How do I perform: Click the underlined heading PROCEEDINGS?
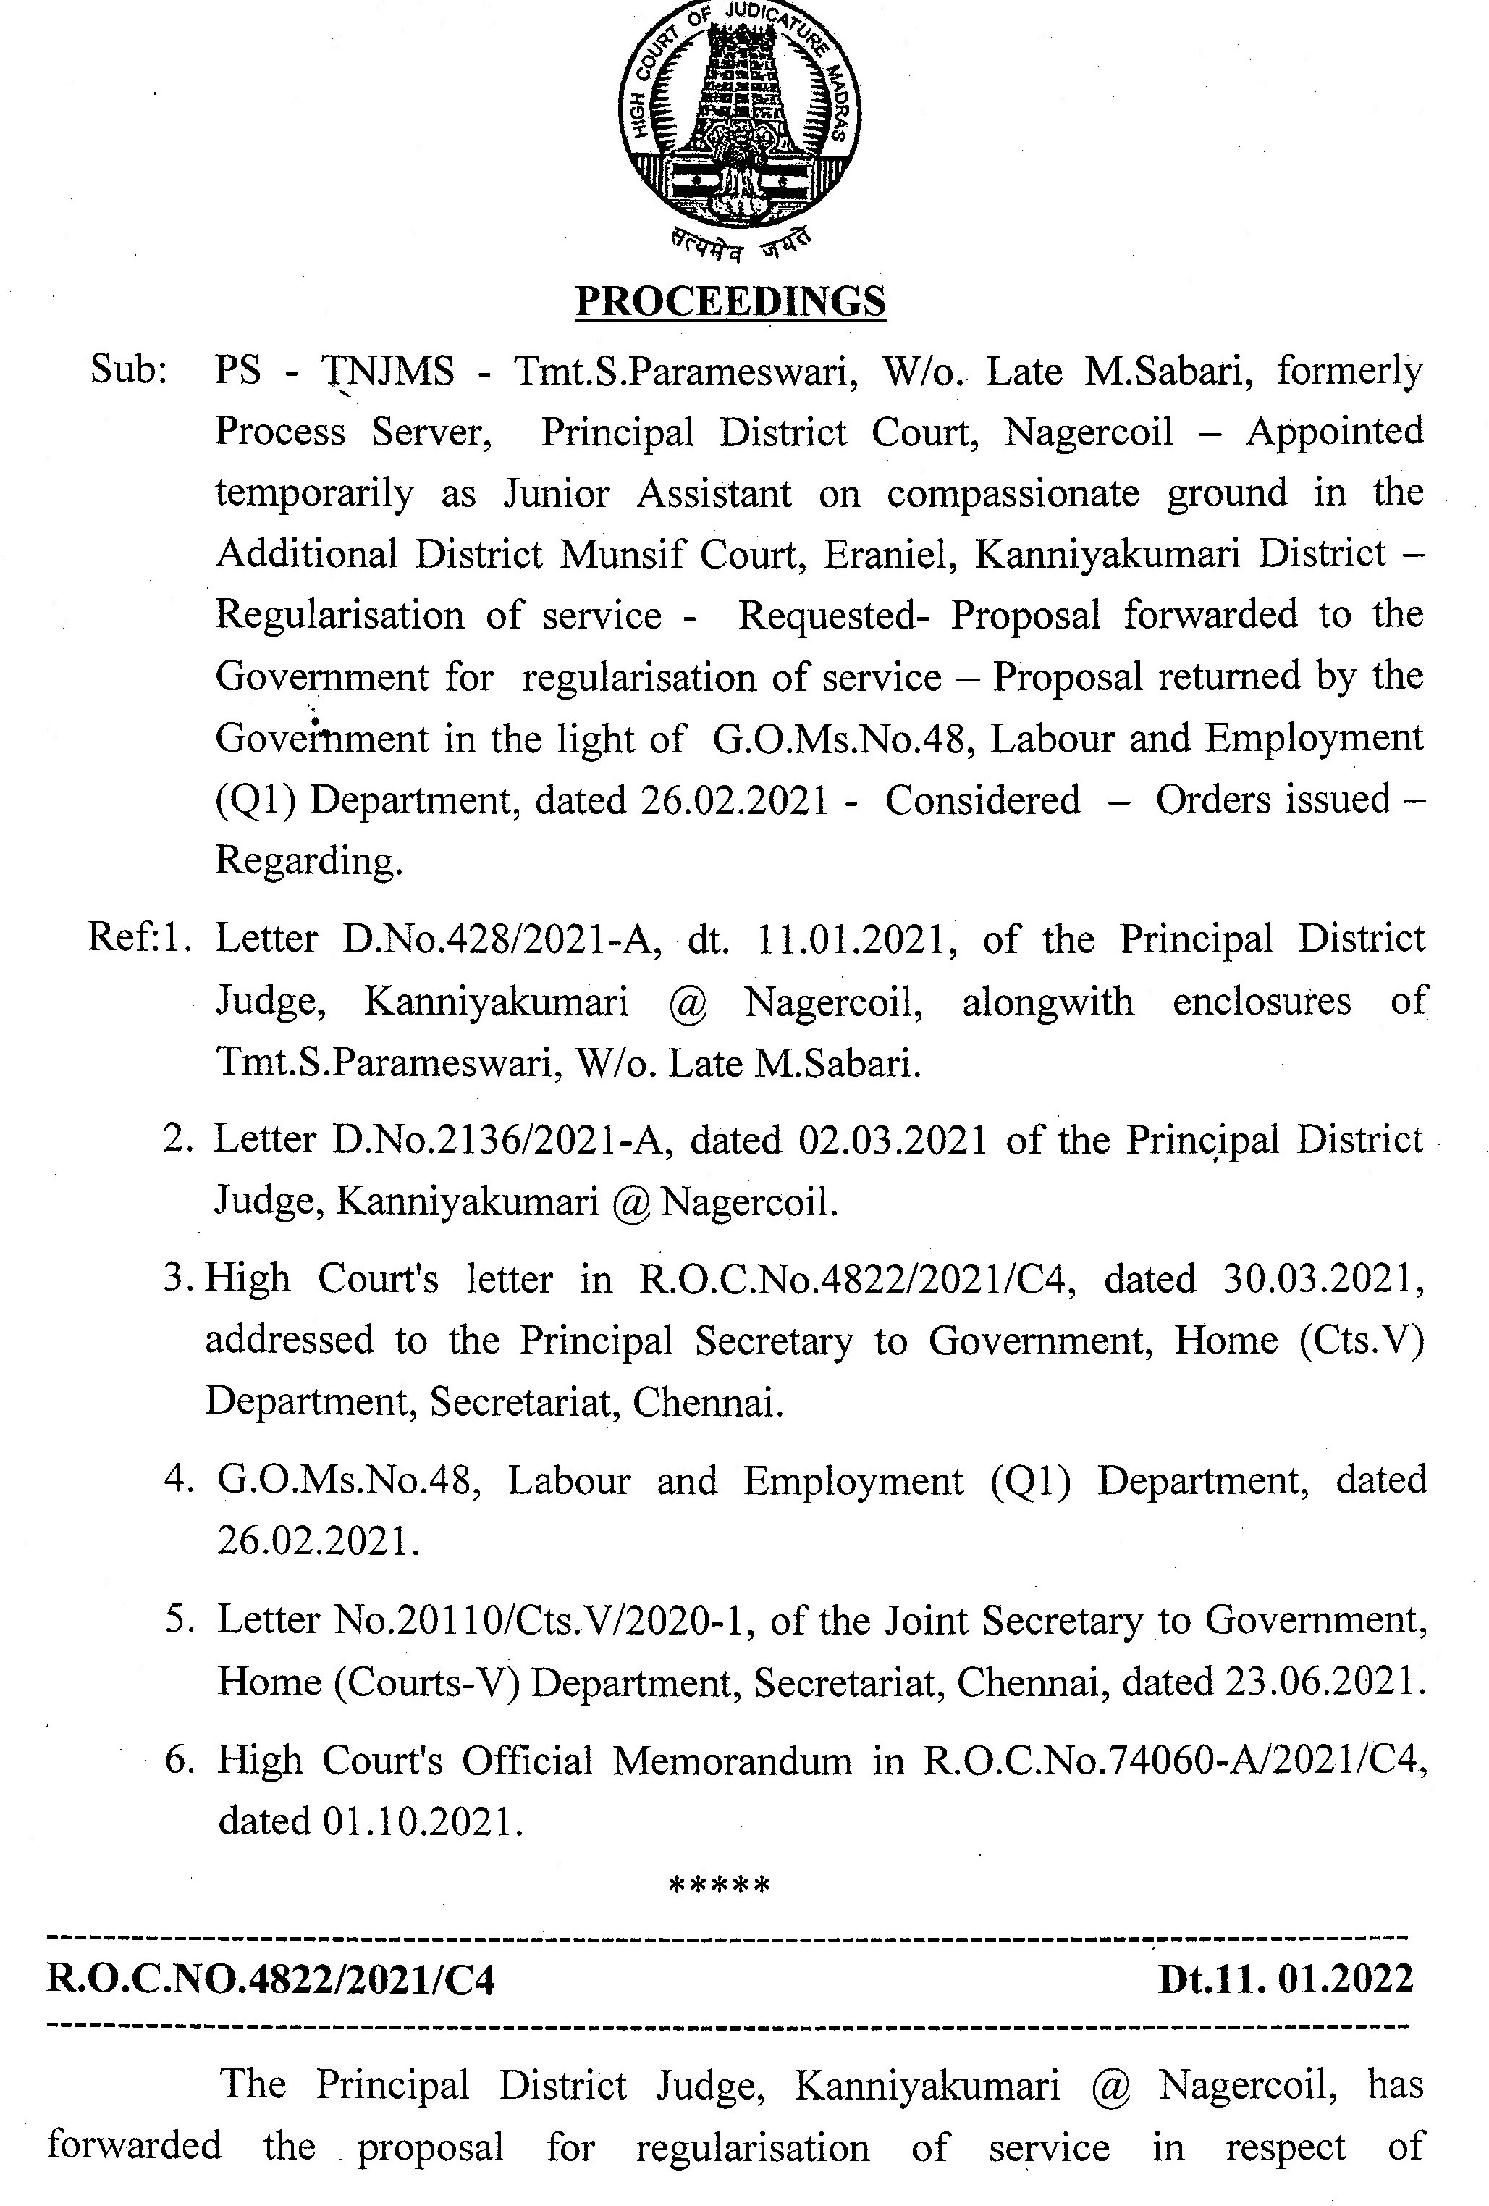(730, 302)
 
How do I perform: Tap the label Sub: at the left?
(128, 369)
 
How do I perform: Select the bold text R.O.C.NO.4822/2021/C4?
(271, 1980)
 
